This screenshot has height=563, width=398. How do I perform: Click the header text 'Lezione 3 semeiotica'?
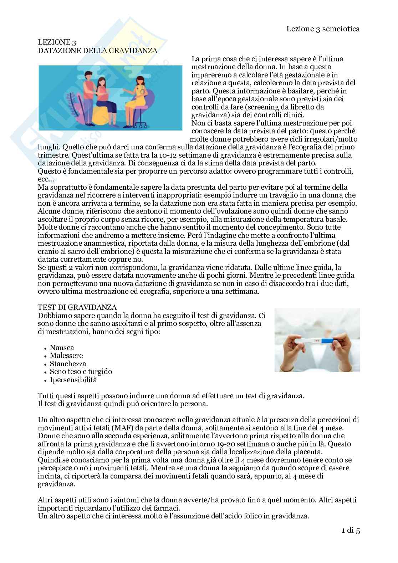(x=323, y=29)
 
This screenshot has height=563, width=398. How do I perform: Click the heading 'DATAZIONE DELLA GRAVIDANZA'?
(x=97, y=51)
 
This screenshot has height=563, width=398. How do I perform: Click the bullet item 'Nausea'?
(x=62, y=347)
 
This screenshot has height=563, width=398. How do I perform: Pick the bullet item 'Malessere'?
(x=66, y=355)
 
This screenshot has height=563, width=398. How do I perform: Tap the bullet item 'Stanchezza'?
(x=68, y=364)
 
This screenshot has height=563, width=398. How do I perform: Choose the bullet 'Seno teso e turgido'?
(x=81, y=372)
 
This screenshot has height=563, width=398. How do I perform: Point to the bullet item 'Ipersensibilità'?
(x=73, y=380)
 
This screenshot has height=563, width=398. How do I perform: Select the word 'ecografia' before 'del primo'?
(x=317, y=147)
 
